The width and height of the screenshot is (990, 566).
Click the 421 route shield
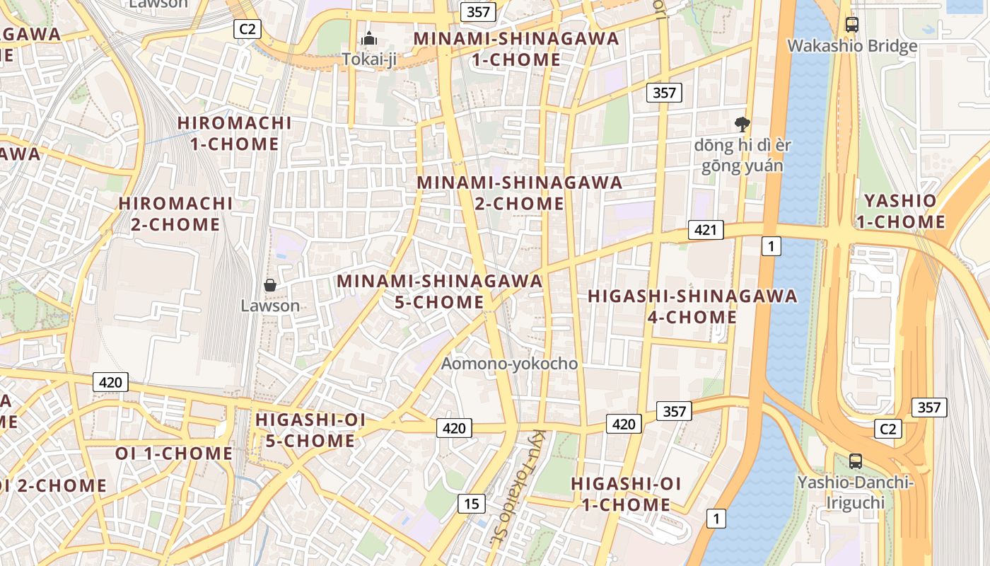[705, 229]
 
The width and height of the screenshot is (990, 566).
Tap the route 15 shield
[472, 504]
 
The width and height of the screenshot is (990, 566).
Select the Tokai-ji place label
[369, 59]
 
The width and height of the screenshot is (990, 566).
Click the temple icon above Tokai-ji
[369, 40]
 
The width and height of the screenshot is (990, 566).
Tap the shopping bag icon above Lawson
[269, 285]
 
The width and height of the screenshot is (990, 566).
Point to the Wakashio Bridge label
[852, 46]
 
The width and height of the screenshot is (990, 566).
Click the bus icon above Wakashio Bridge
[852, 24]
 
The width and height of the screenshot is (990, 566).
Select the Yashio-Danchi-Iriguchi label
[855, 492]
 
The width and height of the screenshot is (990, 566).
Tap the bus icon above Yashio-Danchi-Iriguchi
[855, 461]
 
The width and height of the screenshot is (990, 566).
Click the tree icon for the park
[742, 125]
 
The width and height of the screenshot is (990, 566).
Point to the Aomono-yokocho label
[509, 364]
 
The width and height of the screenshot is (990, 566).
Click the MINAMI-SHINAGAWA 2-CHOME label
[519, 193]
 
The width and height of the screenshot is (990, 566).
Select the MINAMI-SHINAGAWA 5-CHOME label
[439, 291]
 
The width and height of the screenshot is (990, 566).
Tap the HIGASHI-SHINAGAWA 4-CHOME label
[692, 306]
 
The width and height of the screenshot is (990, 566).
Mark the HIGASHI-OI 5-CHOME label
[310, 430]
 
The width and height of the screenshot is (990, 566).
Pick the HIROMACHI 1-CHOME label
[234, 133]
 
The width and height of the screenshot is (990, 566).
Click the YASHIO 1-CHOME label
[900, 211]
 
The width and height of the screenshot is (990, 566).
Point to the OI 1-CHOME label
[174, 453]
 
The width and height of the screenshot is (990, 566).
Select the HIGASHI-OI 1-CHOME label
[626, 494]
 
